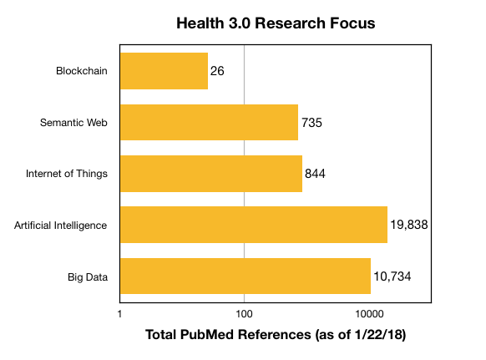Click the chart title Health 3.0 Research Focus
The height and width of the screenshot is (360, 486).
point(276,23)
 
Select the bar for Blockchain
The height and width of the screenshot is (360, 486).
point(164,71)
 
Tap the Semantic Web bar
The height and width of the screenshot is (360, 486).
point(209,123)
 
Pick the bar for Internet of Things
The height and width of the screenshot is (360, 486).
point(211,174)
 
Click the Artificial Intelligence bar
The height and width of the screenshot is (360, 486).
point(254,225)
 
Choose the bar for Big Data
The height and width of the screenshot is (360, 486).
point(246,276)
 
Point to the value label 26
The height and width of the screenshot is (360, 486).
point(218,72)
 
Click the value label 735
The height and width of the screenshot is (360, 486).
point(311,123)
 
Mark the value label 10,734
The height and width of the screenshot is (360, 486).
point(392,276)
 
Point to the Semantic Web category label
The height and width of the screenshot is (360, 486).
point(74,123)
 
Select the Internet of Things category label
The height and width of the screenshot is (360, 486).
point(68,174)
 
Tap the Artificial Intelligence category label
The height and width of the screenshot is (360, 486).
point(61,225)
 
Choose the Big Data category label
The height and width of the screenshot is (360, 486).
point(88,276)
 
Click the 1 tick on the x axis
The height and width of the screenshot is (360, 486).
point(120,314)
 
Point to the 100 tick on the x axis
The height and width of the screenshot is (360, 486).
point(245,314)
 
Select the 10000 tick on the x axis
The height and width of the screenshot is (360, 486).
point(369,314)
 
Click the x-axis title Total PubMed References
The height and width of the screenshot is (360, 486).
point(276,335)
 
